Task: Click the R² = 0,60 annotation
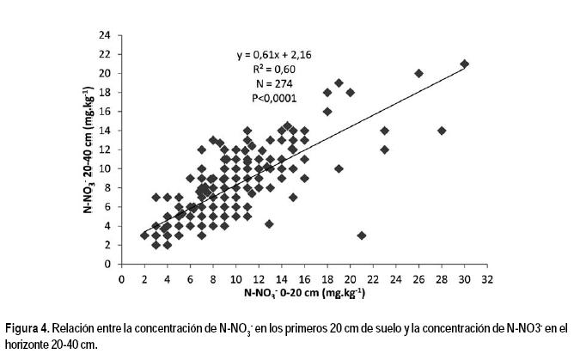pyautogui.click(x=275, y=70)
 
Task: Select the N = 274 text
pyautogui.click(x=275, y=84)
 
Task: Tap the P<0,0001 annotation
pyautogui.click(x=275, y=99)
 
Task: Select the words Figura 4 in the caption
pyautogui.click(x=28, y=329)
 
